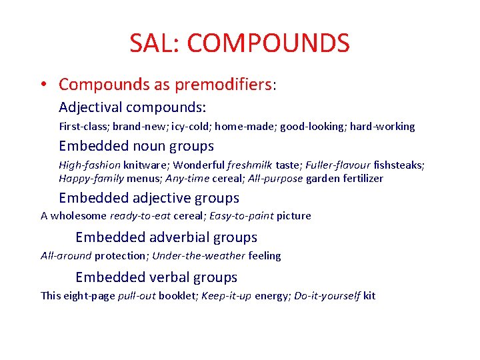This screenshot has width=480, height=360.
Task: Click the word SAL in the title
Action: coord(152,43)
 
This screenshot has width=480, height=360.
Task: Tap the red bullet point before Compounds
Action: coord(42,85)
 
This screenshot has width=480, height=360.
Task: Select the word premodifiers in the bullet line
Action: coord(223,85)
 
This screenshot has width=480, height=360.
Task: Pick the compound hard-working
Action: coord(383,126)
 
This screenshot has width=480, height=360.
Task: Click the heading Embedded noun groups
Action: coord(136,145)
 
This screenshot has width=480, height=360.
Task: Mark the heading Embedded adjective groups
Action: coord(149,198)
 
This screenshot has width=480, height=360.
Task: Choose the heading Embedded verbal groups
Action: coord(156,277)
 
